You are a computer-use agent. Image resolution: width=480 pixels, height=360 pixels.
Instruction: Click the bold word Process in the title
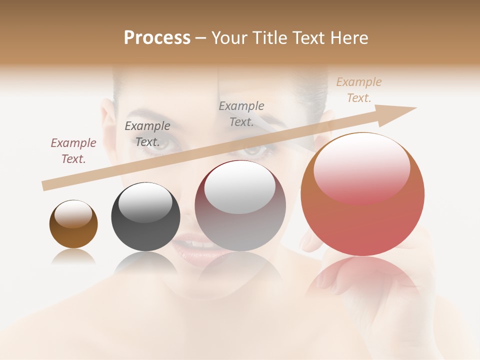(157, 37)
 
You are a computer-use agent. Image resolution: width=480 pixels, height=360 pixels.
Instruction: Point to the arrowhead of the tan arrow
(400, 113)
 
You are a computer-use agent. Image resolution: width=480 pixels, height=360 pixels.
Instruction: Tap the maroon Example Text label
(73, 151)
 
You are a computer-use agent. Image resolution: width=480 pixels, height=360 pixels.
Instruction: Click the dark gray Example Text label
(147, 134)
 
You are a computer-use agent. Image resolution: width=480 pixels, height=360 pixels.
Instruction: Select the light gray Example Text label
(241, 114)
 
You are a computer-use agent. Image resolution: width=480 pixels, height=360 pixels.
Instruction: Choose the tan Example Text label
(359, 90)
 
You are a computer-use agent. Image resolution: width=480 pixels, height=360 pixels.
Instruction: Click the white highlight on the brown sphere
(73, 214)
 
